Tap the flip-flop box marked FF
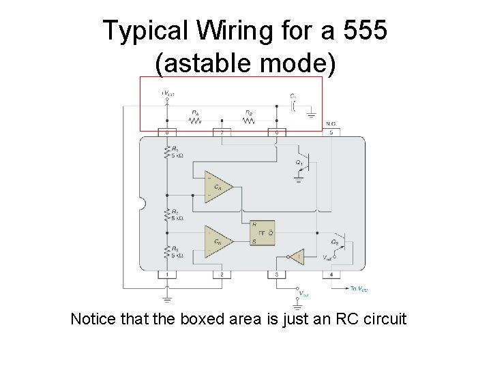pos(263,233)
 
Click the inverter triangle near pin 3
pos(295,258)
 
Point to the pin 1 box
pos(166,275)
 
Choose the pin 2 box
pos(222,275)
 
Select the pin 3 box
pos(277,275)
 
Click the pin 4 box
pos(331,275)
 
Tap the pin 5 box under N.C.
pos(331,132)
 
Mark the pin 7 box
pos(222,132)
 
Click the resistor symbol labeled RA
pos(196,121)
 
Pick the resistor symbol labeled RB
pos(249,121)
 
